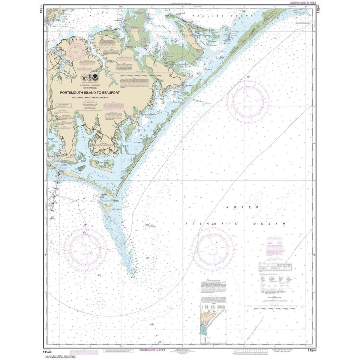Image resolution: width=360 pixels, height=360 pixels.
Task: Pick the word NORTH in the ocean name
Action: click(x=242, y=207)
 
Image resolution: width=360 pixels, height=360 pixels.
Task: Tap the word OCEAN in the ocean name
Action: click(x=273, y=224)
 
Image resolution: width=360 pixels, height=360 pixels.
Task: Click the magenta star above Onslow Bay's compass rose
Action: click(x=85, y=224)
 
